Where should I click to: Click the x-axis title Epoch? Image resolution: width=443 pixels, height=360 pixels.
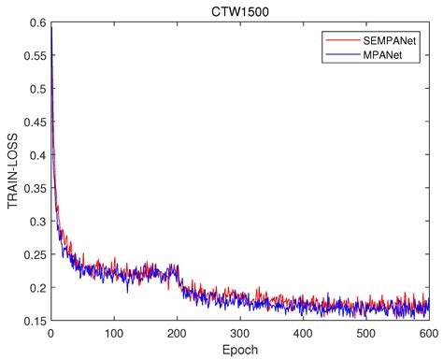click(x=239, y=351)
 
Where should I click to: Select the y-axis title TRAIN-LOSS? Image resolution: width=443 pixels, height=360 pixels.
click(x=12, y=172)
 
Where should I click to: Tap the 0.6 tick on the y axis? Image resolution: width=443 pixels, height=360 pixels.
click(x=38, y=23)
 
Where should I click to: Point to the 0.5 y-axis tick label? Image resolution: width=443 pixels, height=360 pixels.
click(x=38, y=90)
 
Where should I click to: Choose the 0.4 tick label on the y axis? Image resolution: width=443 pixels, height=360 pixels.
click(x=38, y=155)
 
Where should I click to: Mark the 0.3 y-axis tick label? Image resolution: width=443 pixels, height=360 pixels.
click(x=38, y=222)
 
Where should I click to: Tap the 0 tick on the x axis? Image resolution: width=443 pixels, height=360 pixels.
click(x=50, y=333)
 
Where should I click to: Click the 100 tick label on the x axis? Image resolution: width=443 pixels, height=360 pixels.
click(x=113, y=333)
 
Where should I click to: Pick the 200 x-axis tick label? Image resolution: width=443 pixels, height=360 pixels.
click(x=177, y=333)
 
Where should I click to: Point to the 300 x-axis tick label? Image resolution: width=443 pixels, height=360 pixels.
click(x=239, y=333)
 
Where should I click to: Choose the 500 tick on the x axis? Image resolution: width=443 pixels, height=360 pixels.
click(x=365, y=333)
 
